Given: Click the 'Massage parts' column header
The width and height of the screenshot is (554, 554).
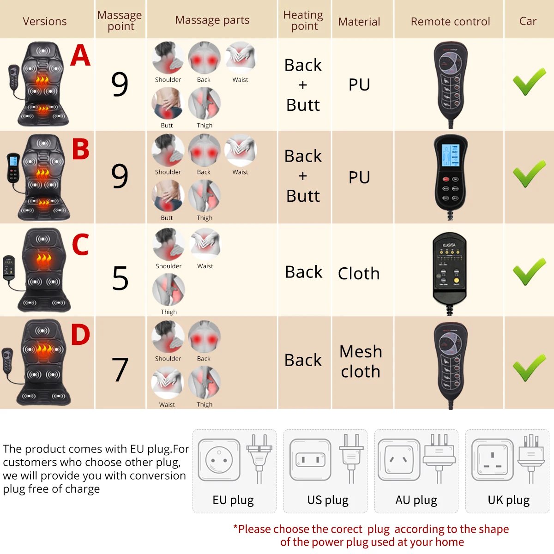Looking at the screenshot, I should point(212,20).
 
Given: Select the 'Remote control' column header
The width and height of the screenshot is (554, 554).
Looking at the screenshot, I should point(450,22).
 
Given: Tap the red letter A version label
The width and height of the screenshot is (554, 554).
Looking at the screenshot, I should point(80,56).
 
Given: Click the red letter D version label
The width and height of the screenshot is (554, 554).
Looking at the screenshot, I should point(80,335).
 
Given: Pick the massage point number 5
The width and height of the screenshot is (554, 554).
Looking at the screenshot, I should point(120,278).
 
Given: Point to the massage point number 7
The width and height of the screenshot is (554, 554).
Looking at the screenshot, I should point(120,370).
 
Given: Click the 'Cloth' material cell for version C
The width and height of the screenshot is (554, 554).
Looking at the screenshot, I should point(359,273).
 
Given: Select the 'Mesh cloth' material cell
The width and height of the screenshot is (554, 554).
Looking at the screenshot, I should point(361,361).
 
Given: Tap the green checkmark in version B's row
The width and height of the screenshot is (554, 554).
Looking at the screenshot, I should point(529,174).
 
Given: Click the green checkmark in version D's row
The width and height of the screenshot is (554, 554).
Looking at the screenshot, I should point(529,367).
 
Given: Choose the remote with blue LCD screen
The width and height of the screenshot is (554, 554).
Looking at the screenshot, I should point(451,178).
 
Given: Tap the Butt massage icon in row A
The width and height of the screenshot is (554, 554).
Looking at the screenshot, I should point(167,104).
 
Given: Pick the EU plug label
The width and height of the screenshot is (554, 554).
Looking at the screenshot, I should point(233,500).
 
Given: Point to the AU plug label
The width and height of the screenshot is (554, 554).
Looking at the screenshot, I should point(416,500).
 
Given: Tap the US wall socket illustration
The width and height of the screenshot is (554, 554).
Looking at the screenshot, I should point(310,460).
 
